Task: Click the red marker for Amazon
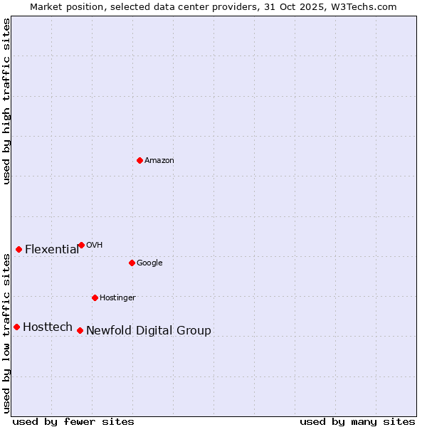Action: [x=139, y=160]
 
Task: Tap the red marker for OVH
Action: [x=81, y=245]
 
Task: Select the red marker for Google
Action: [x=132, y=263]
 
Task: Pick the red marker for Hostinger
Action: [x=95, y=297]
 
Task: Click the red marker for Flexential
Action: [x=19, y=249]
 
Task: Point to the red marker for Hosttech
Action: [x=16, y=327]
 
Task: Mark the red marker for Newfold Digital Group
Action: [x=80, y=330]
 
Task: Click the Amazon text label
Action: [x=159, y=161]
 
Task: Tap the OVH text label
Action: [x=95, y=246]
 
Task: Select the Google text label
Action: [x=149, y=263]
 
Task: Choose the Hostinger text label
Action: [x=117, y=298]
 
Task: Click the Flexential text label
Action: [x=52, y=250]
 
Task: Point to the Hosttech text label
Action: [x=48, y=327]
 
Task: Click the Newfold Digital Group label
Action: [x=149, y=331]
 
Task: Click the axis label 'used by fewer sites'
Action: [x=73, y=421]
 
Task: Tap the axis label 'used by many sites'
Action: [x=357, y=421]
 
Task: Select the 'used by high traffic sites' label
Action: [x=7, y=101]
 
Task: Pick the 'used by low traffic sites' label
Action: [x=7, y=333]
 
